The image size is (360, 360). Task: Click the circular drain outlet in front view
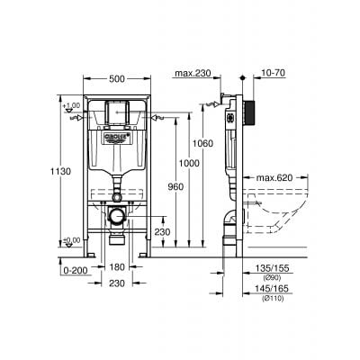pos(116,217)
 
